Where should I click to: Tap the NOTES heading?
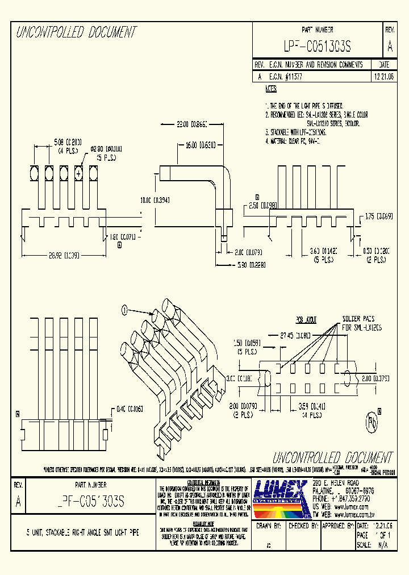pyautogui.click(x=271, y=89)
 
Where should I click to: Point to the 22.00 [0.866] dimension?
pyautogui.click(x=192, y=123)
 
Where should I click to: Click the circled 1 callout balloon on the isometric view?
pyautogui.click(x=123, y=310)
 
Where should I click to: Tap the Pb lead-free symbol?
pyautogui.click(x=372, y=422)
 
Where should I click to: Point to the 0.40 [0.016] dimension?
pyautogui.click(x=128, y=409)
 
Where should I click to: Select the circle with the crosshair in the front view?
pyautogui.click(x=78, y=172)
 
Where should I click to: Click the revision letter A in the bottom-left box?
pyautogui.click(x=18, y=502)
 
